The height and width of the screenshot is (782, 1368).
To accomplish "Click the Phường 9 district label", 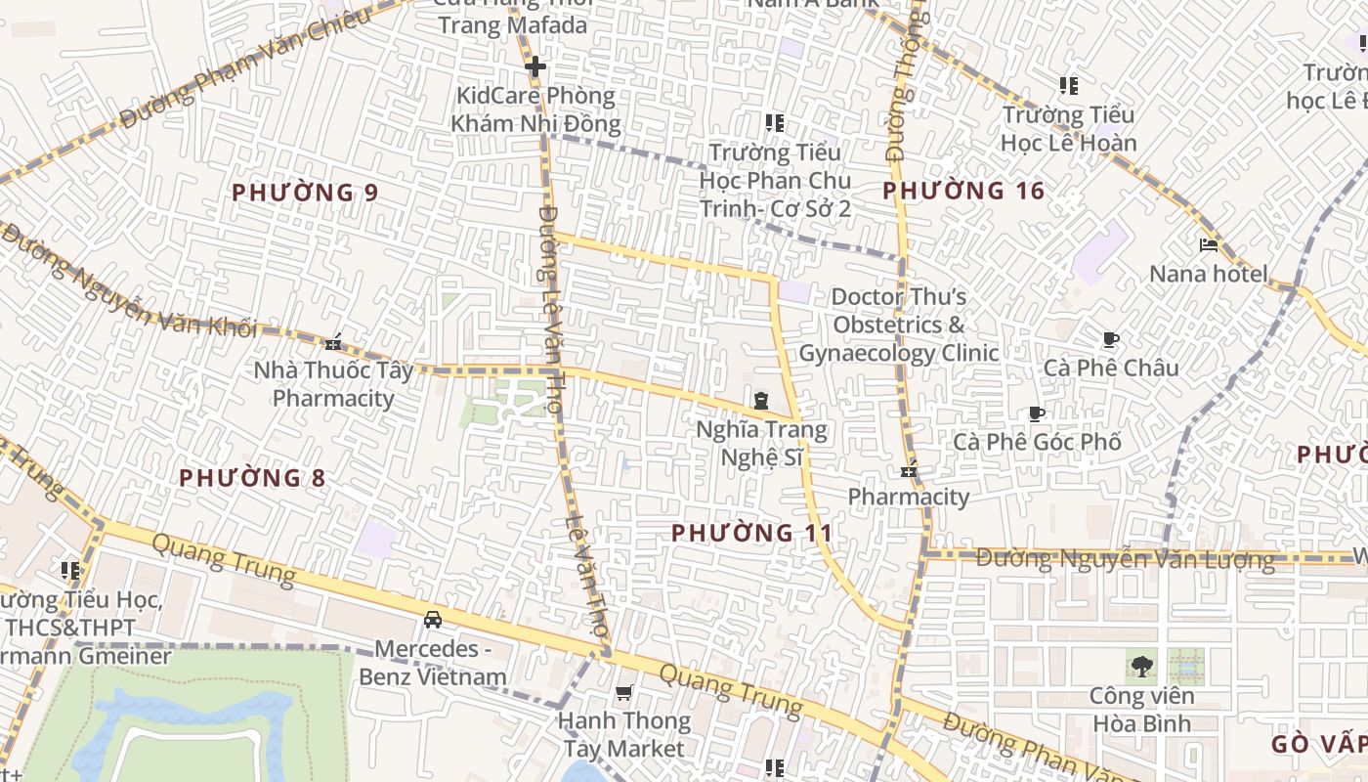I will (x=305, y=193).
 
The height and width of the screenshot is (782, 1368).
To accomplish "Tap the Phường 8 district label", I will (x=252, y=478).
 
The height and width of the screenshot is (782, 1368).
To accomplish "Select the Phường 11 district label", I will (x=752, y=533).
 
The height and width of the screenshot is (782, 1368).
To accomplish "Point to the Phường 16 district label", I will (x=963, y=191).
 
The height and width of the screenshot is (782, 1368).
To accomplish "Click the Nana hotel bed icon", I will (x=1209, y=245).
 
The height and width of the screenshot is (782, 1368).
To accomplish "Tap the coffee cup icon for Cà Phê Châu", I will (x=1110, y=339).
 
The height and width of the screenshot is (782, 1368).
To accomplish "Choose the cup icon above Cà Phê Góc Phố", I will (x=1037, y=413).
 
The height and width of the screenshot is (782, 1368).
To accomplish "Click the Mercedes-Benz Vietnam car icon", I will (x=432, y=619).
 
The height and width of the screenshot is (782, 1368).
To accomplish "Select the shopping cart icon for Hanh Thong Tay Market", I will (x=624, y=693).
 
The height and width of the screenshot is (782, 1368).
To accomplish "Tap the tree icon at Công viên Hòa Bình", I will (x=1141, y=667).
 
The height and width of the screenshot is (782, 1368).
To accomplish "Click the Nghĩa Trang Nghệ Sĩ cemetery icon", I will (x=760, y=400).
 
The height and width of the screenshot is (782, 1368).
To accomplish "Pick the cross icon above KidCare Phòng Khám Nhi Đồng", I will (x=534, y=67).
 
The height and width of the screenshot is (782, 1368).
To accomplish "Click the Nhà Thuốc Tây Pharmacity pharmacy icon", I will (x=334, y=341).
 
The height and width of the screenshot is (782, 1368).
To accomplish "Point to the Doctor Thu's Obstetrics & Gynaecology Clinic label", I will (x=899, y=325).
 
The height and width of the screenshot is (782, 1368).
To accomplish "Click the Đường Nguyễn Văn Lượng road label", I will (x=1125, y=560).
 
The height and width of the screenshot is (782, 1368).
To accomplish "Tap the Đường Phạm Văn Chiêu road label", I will (x=244, y=68).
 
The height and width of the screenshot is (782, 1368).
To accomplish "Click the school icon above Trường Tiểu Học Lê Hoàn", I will (x=1069, y=86).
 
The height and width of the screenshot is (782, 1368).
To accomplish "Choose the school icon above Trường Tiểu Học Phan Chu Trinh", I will (x=775, y=123).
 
